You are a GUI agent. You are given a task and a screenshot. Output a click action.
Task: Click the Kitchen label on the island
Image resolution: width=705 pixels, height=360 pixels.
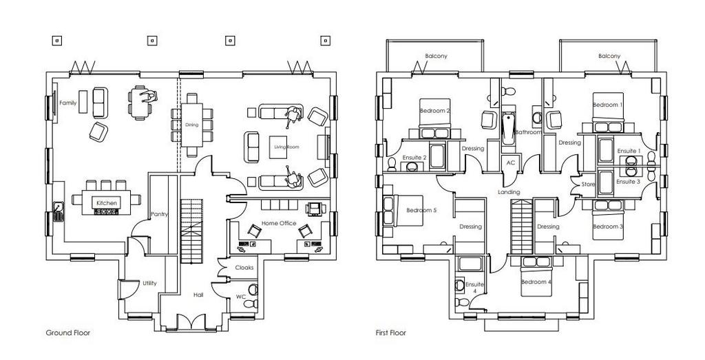tap(107, 202)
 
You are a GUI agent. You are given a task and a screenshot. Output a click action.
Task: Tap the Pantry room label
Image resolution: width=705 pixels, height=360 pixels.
tap(159, 214)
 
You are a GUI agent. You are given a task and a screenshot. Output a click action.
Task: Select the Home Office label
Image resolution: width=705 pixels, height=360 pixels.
tap(279, 223)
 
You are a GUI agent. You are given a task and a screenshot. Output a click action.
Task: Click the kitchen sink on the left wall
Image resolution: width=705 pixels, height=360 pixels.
tap(59, 212)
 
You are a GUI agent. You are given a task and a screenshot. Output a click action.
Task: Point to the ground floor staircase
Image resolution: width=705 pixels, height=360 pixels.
tap(191, 231)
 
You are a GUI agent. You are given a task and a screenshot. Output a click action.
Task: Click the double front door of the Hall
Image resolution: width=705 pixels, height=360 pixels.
tap(191, 322)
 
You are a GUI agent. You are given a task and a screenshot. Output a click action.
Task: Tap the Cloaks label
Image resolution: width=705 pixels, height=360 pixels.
tap(244, 267)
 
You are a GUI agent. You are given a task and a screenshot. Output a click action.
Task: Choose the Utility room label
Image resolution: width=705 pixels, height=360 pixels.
tap(149, 283)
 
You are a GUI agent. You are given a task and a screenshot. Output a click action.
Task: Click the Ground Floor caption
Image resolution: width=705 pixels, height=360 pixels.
tap(68, 332)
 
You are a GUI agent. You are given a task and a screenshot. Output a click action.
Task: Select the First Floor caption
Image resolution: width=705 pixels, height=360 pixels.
tap(391, 332)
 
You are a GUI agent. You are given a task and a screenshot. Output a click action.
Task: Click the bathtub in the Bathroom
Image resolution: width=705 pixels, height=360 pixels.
tap(509, 129)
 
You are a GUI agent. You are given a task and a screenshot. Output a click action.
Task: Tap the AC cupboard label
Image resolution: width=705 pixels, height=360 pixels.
tap(510, 162)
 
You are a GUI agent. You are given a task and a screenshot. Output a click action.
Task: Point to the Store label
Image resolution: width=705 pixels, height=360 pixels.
tap(588, 184)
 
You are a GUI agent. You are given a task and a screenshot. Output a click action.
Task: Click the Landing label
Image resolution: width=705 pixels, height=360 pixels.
tap(509, 192)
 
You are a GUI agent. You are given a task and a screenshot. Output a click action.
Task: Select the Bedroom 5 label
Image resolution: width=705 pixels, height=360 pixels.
tap(421, 210)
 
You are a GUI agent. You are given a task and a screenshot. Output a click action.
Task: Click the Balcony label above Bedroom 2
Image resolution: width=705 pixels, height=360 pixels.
tap(436, 56)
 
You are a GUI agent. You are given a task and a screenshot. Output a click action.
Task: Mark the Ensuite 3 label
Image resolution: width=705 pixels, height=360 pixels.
tap(628, 182)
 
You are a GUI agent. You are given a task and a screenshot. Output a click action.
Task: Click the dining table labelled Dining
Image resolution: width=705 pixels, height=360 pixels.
tap(192, 125)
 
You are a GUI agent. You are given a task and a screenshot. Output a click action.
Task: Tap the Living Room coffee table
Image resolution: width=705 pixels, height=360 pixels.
tap(278, 147)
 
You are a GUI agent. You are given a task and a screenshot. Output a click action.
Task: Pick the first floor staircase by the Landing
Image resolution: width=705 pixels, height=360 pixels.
tap(522, 227)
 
